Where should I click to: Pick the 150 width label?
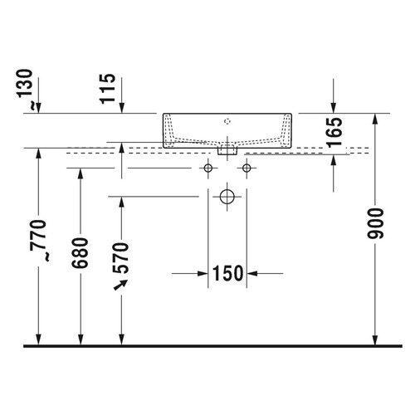pos(227,272)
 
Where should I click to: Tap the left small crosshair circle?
pos(207,168)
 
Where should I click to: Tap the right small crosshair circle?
pos(246,168)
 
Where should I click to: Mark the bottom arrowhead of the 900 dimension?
pos(376,338)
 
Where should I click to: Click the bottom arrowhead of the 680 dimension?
pos(81,338)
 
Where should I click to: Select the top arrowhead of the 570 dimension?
pos(122,203)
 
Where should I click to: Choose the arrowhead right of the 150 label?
pos(253,272)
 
